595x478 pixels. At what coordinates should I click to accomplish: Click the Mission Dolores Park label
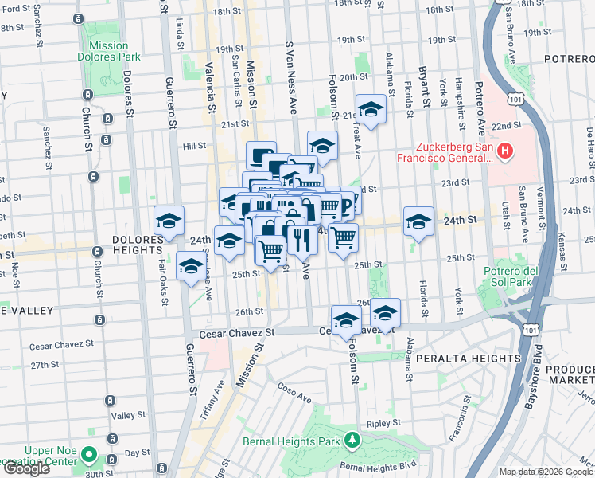109,52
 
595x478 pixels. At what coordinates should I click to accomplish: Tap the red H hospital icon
504,150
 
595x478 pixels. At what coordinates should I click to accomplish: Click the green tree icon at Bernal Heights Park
352,440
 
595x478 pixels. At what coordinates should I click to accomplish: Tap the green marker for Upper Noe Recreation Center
89,456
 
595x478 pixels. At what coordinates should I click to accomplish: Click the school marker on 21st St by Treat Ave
370,108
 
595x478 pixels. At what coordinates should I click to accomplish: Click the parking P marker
348,205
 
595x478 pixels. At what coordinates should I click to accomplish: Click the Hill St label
194,146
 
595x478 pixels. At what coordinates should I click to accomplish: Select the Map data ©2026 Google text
546,472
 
